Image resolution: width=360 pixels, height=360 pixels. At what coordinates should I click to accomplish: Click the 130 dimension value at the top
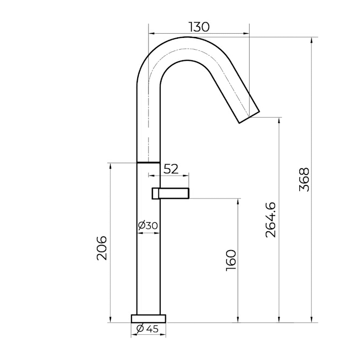tap(199, 27)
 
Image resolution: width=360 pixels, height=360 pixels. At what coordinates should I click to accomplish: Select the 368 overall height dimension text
tap(305, 180)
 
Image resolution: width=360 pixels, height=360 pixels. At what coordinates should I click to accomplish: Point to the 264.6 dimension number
tap(271, 220)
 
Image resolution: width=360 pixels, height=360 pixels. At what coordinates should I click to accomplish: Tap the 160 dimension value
tap(231, 260)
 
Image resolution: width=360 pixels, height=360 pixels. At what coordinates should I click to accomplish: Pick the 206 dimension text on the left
tap(102, 248)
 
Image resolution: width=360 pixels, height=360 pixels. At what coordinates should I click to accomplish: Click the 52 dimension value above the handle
tap(171, 169)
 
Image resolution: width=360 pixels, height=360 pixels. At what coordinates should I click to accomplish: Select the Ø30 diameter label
tap(148, 225)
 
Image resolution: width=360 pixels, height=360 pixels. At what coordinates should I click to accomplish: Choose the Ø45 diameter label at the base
tap(148, 329)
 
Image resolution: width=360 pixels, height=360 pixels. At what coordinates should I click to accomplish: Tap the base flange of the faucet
tap(148, 319)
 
